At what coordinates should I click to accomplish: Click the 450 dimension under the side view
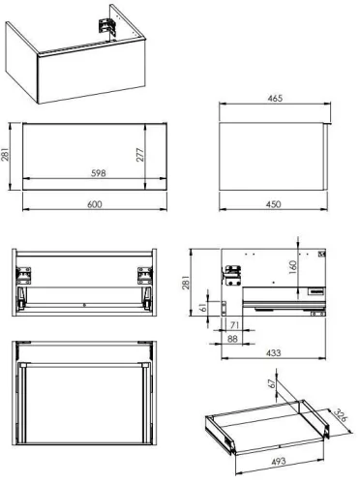point(275,205)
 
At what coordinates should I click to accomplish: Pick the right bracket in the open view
point(143,275)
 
